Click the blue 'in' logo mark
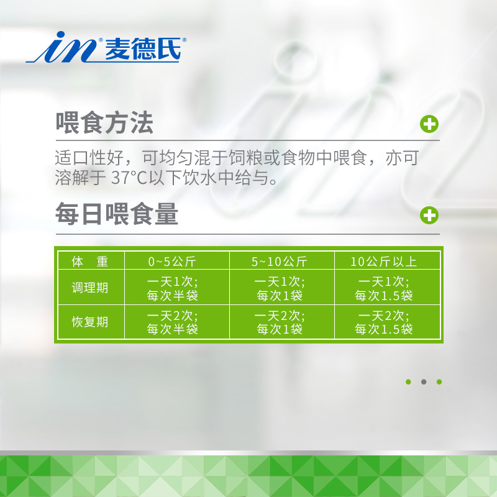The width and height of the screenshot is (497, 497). coord(61,47)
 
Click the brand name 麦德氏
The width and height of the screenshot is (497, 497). coord(143,48)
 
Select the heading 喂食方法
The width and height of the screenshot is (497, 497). coord(104,123)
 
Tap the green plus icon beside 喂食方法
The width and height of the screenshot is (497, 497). coord(429,124)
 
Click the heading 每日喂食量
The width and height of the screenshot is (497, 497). coord(117,214)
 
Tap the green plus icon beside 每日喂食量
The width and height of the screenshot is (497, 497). coord(429,215)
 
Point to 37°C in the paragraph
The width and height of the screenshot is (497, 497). coord(129,178)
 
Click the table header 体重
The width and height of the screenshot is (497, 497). coord(90,262)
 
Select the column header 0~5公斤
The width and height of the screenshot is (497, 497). coord(172,262)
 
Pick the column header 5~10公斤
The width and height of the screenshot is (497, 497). coord(279,262)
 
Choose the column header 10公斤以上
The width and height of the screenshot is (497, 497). coord(383,262)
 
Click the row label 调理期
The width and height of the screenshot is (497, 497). coord(90,288)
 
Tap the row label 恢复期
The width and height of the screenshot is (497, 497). coord(90,322)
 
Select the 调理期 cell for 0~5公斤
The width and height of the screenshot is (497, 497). coord(173,288)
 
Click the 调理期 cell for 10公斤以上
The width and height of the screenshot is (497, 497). coord(383,288)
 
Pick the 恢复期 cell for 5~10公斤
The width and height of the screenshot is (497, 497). coord(280,322)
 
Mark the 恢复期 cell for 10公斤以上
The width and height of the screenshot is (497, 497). coord(383,322)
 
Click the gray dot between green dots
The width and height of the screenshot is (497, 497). coord(424,382)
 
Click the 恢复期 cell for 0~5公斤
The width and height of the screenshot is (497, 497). coord(173,322)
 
